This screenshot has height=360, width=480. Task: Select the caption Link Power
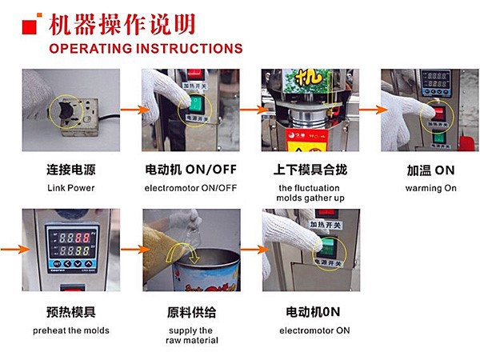(70, 187)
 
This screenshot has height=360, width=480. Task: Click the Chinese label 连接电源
(70, 171)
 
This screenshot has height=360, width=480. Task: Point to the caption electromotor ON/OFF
(190, 187)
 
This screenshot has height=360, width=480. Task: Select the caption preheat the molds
(71, 330)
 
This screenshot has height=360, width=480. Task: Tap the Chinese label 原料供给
(190, 312)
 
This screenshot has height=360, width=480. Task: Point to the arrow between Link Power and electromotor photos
(130, 110)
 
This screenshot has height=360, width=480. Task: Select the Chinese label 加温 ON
(431, 171)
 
